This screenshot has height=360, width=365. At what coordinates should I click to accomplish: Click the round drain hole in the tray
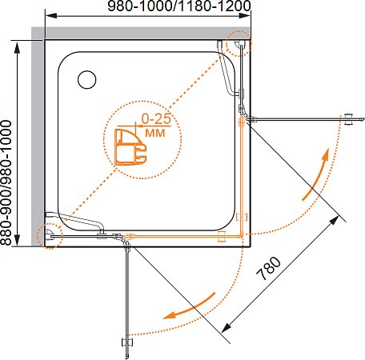(x=87, y=80)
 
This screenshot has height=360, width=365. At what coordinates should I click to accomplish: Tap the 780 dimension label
(x=269, y=268)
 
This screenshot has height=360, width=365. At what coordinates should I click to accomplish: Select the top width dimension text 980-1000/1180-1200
(x=179, y=6)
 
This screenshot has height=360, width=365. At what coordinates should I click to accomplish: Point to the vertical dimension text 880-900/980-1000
(x=6, y=182)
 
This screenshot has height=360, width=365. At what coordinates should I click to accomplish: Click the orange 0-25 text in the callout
(x=156, y=118)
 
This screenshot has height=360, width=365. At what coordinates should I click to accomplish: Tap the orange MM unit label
(x=155, y=133)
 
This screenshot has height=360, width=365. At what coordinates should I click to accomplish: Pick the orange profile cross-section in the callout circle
(x=130, y=147)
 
